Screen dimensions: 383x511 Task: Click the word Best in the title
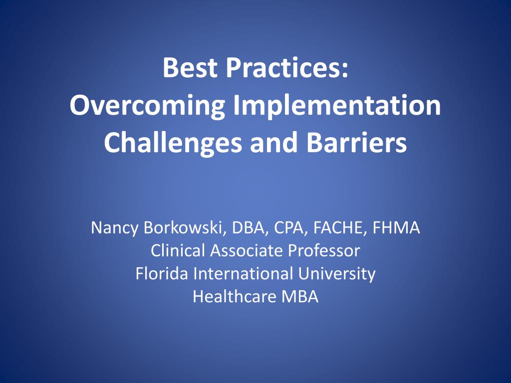coord(189,68)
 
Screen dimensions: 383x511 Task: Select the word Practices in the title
coord(286,68)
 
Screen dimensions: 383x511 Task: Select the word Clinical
coord(178,251)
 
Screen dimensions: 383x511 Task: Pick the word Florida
coord(162,274)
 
